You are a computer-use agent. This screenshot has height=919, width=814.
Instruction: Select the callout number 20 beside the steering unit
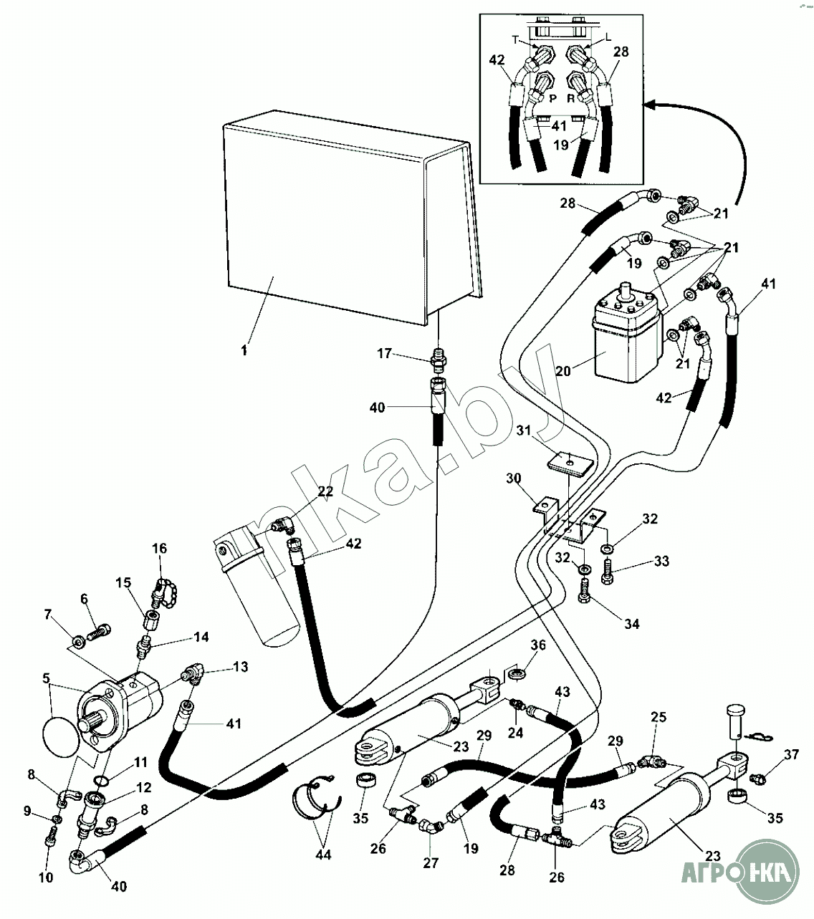click(565, 370)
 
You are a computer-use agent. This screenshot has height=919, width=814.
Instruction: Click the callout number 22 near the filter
click(325, 491)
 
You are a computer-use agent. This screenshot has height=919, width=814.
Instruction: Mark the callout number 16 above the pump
click(159, 549)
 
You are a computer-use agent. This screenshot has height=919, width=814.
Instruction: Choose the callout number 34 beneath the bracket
click(631, 624)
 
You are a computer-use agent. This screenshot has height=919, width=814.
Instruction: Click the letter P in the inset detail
click(552, 98)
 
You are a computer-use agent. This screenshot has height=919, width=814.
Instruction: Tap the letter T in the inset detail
click(514, 39)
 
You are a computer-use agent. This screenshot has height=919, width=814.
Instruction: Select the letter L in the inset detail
click(608, 36)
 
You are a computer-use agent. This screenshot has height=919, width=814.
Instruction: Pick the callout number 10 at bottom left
click(46, 877)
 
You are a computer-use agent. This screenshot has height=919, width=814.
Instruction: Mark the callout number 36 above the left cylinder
click(537, 645)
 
